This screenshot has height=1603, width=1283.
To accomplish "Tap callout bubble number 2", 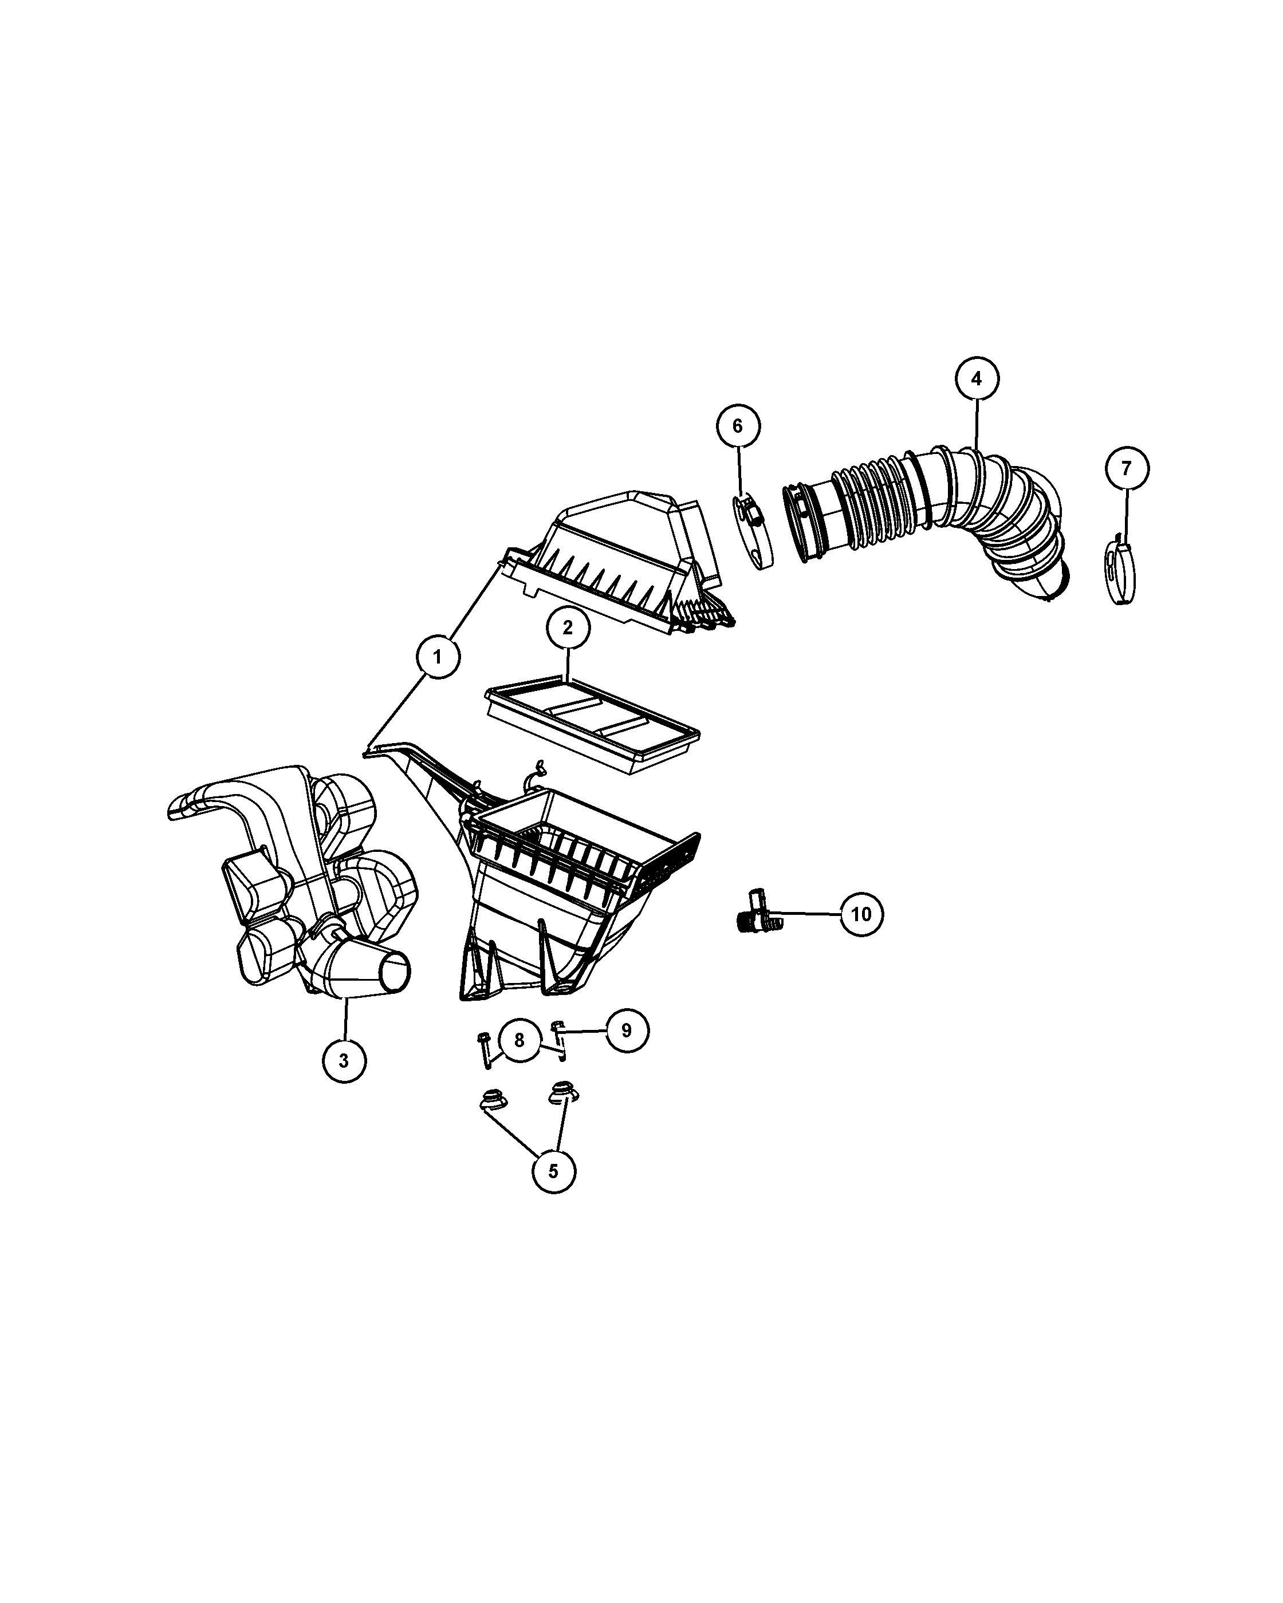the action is pyautogui.click(x=568, y=627).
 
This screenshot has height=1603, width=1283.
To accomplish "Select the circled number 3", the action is pyautogui.click(x=344, y=1060).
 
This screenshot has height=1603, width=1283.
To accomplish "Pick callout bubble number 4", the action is pyautogui.click(x=977, y=378).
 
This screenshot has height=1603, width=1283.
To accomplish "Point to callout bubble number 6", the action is pyautogui.click(x=738, y=426).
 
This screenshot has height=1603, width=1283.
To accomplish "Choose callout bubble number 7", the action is pyautogui.click(x=1126, y=468).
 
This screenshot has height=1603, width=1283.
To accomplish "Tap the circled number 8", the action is pyautogui.click(x=519, y=1040).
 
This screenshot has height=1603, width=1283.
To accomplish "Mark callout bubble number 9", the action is pyautogui.click(x=626, y=1030).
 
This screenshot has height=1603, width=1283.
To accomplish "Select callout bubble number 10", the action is pyautogui.click(x=861, y=914).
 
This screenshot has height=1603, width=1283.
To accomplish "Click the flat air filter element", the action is pyautogui.click(x=592, y=725).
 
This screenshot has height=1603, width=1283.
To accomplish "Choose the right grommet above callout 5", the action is pyautogui.click(x=563, y=1093).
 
